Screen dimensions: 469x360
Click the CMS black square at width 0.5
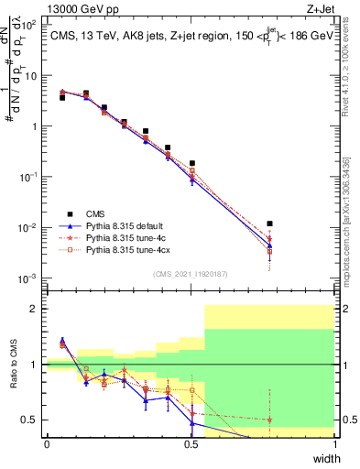pos(191,163)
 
